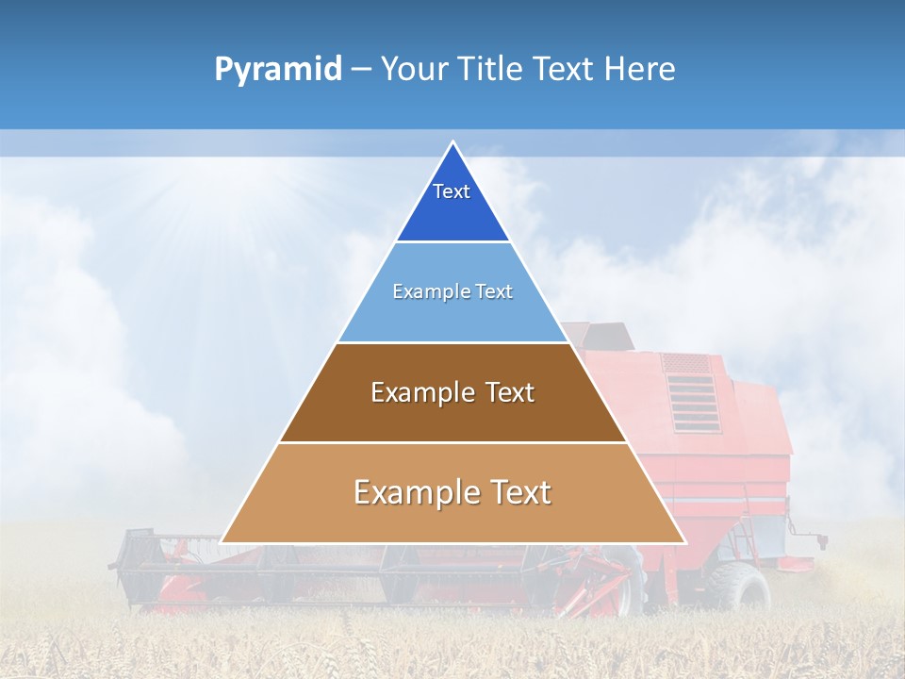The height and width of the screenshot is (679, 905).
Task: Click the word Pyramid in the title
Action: (x=278, y=70)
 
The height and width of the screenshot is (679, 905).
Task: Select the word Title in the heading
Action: (x=490, y=70)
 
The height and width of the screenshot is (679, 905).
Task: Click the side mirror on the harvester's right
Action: (x=821, y=541)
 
